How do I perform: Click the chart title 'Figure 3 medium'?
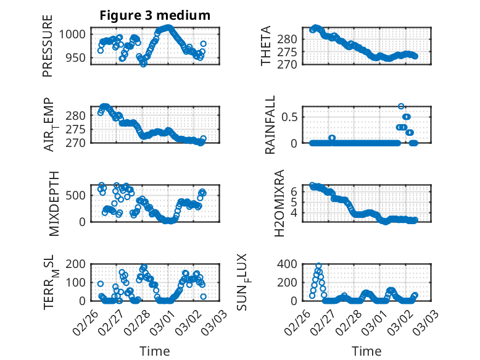155,15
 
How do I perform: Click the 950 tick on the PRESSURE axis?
79,59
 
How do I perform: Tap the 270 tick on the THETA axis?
291,64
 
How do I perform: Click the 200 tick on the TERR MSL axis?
79,264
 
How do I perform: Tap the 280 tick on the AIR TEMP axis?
79,115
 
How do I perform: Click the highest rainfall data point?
401,106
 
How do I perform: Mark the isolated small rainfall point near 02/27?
332,138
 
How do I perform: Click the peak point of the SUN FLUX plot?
318,266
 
